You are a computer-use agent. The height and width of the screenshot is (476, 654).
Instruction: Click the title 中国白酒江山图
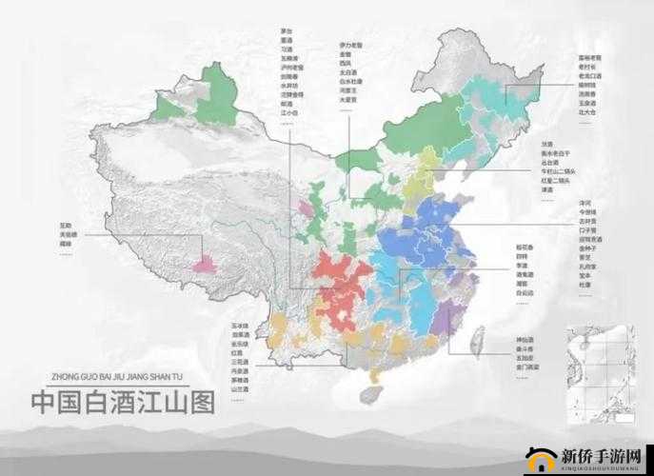click(x=123, y=401)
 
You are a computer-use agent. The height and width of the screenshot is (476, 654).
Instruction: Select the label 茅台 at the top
click(x=287, y=30)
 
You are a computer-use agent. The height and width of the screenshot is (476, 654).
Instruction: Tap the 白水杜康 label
click(x=350, y=82)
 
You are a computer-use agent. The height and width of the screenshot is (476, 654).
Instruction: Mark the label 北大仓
click(x=586, y=112)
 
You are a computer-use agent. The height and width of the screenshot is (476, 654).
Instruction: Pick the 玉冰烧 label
click(x=239, y=327)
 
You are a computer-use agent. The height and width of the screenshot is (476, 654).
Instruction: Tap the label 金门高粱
click(x=530, y=367)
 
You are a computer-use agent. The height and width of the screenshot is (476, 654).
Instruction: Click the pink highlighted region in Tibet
click(x=204, y=263)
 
